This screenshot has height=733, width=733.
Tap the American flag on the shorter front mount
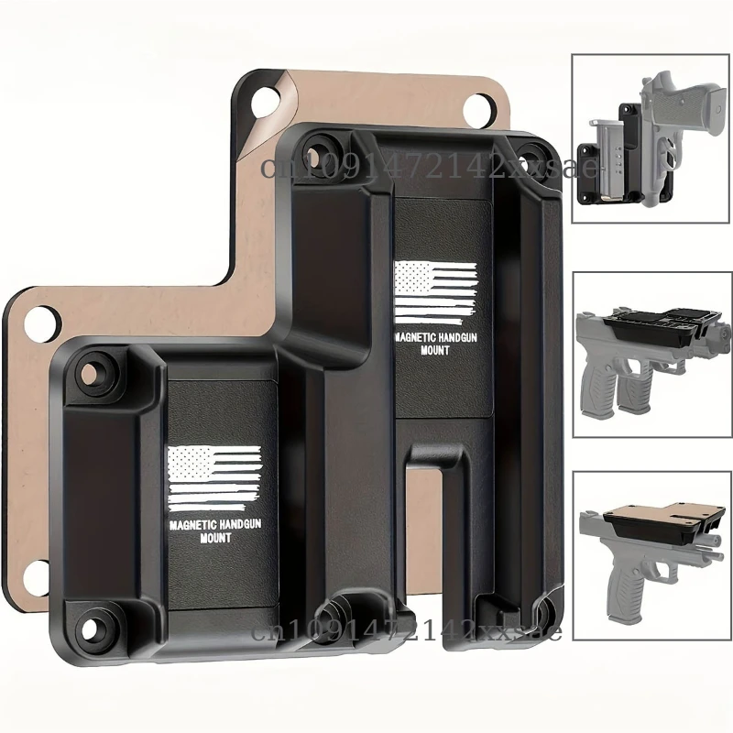point(215,476)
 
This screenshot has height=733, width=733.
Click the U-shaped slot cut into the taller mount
point(432,531)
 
